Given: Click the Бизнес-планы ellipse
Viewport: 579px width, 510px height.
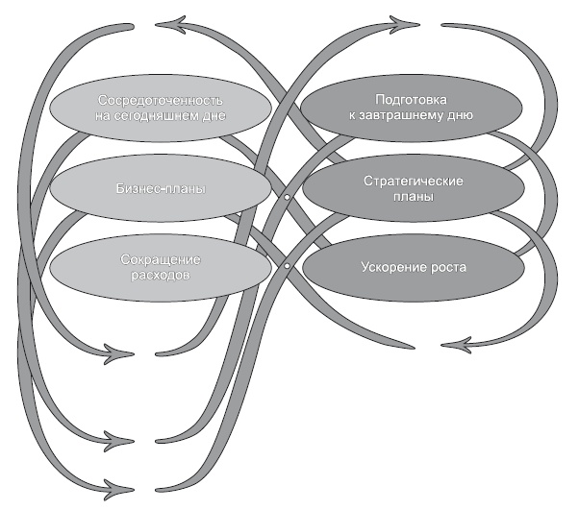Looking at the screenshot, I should click(154, 187).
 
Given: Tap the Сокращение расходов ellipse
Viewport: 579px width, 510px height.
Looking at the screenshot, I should click(154, 266).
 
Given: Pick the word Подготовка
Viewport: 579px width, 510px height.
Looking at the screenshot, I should click(410, 100).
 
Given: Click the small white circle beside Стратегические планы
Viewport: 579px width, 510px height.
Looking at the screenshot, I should click(286, 198).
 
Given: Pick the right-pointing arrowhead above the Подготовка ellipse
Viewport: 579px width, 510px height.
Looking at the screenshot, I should click(409, 21).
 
